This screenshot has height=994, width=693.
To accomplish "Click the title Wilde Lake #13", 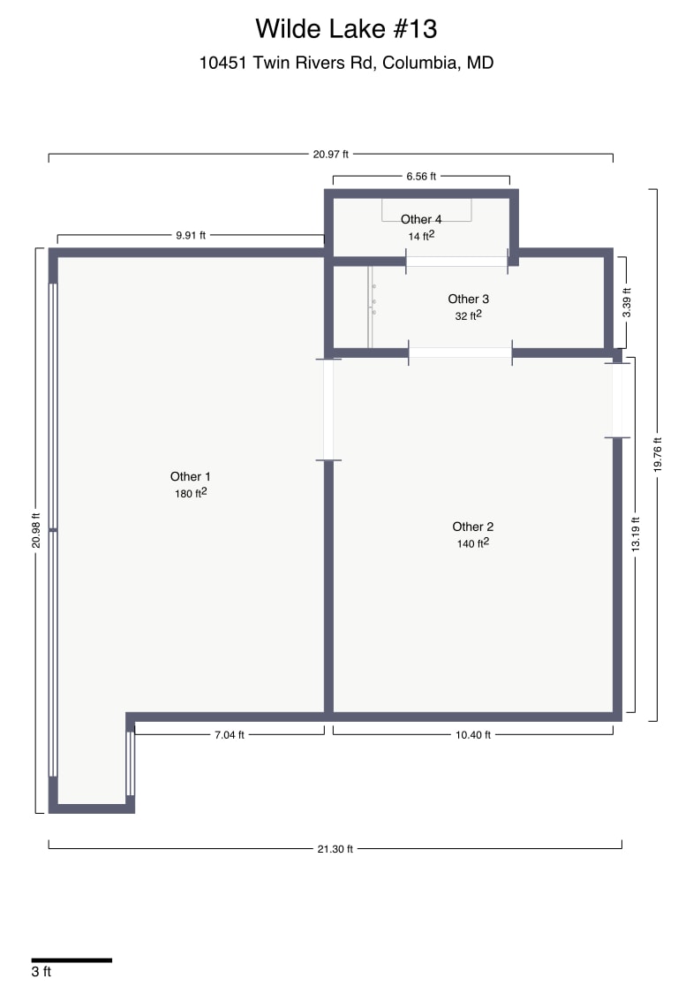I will [x=346, y=28].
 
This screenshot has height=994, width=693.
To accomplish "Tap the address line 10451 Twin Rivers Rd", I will [x=346, y=64].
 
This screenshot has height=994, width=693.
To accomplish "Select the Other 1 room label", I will [x=191, y=477].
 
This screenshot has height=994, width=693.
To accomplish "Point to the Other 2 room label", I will [x=472, y=527].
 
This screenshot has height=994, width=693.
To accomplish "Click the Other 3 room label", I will [x=468, y=299].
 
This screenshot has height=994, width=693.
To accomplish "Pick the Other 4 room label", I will [x=421, y=219].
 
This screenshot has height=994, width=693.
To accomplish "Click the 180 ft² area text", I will [x=191, y=494].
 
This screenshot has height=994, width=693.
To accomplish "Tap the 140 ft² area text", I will [x=472, y=543].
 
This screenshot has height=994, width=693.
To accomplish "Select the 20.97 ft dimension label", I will [x=330, y=154].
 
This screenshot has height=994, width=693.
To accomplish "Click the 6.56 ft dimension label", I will [x=421, y=177].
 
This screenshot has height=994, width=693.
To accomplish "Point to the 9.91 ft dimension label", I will [x=191, y=235].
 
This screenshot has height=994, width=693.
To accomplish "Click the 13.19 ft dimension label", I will [x=635, y=535].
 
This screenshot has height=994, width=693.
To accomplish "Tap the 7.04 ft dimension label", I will [x=230, y=734].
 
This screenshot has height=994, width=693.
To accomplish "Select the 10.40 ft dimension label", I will [x=473, y=734].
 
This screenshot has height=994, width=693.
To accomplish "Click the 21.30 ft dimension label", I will [x=335, y=849].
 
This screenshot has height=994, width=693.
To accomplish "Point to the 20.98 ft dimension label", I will [x=36, y=530].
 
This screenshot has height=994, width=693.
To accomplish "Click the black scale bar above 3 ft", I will [x=72, y=960].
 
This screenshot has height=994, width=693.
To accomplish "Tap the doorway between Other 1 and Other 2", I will [x=328, y=409].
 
